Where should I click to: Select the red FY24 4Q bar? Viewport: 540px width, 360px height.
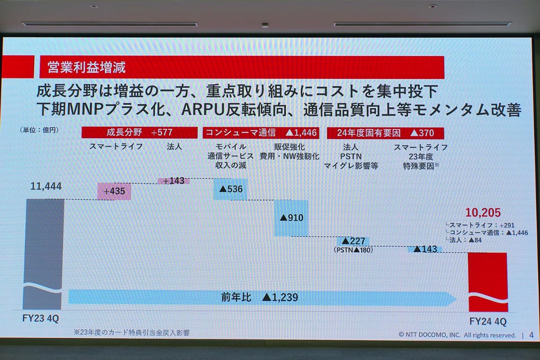[488, 281]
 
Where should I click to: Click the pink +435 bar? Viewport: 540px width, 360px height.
[114, 191]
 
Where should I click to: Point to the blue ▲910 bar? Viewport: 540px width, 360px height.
[291, 218]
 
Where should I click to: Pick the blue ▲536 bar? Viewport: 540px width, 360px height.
[230, 189]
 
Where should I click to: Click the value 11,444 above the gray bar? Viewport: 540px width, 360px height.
[46, 186]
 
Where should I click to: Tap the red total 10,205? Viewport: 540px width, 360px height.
[482, 212]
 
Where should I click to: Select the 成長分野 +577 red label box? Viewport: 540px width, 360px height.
[139, 133]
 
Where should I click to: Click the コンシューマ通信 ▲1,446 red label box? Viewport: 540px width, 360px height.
[261, 133]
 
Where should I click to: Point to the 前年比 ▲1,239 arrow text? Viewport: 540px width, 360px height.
[259, 297]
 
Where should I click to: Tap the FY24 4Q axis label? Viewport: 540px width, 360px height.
[488, 322]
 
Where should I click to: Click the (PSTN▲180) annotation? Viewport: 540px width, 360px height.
[353, 250]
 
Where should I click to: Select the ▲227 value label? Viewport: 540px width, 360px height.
[353, 241]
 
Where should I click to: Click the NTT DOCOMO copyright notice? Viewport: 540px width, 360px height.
[457, 335]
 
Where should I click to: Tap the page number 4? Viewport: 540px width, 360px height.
[531, 335]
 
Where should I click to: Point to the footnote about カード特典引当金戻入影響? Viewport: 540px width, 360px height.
[131, 333]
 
